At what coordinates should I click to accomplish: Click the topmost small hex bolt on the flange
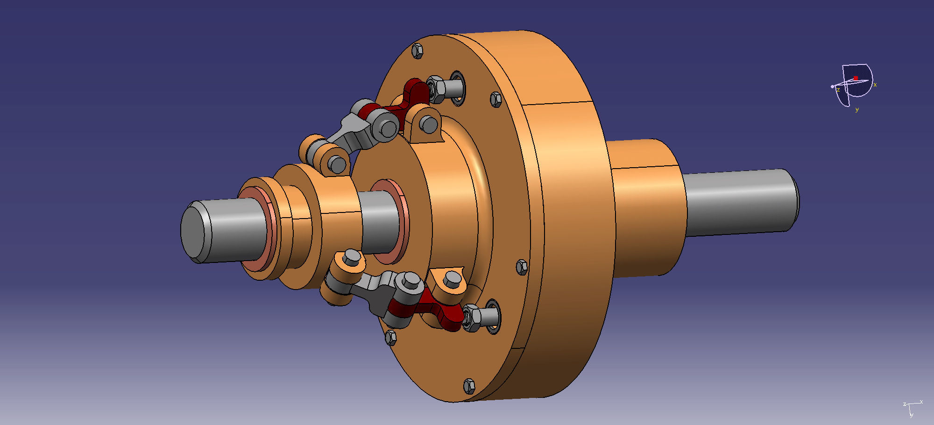coord(418,50)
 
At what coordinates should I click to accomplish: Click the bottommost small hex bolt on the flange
coord(469,386)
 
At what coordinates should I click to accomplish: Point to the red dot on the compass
coord(856,78)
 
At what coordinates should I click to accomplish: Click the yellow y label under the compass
coord(857,110)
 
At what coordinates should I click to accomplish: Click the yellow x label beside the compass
coord(875,85)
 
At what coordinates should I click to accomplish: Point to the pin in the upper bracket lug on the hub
coord(428,124)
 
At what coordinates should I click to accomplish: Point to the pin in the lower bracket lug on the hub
coord(452,280)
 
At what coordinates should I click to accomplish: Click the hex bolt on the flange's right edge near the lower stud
coord(522,267)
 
